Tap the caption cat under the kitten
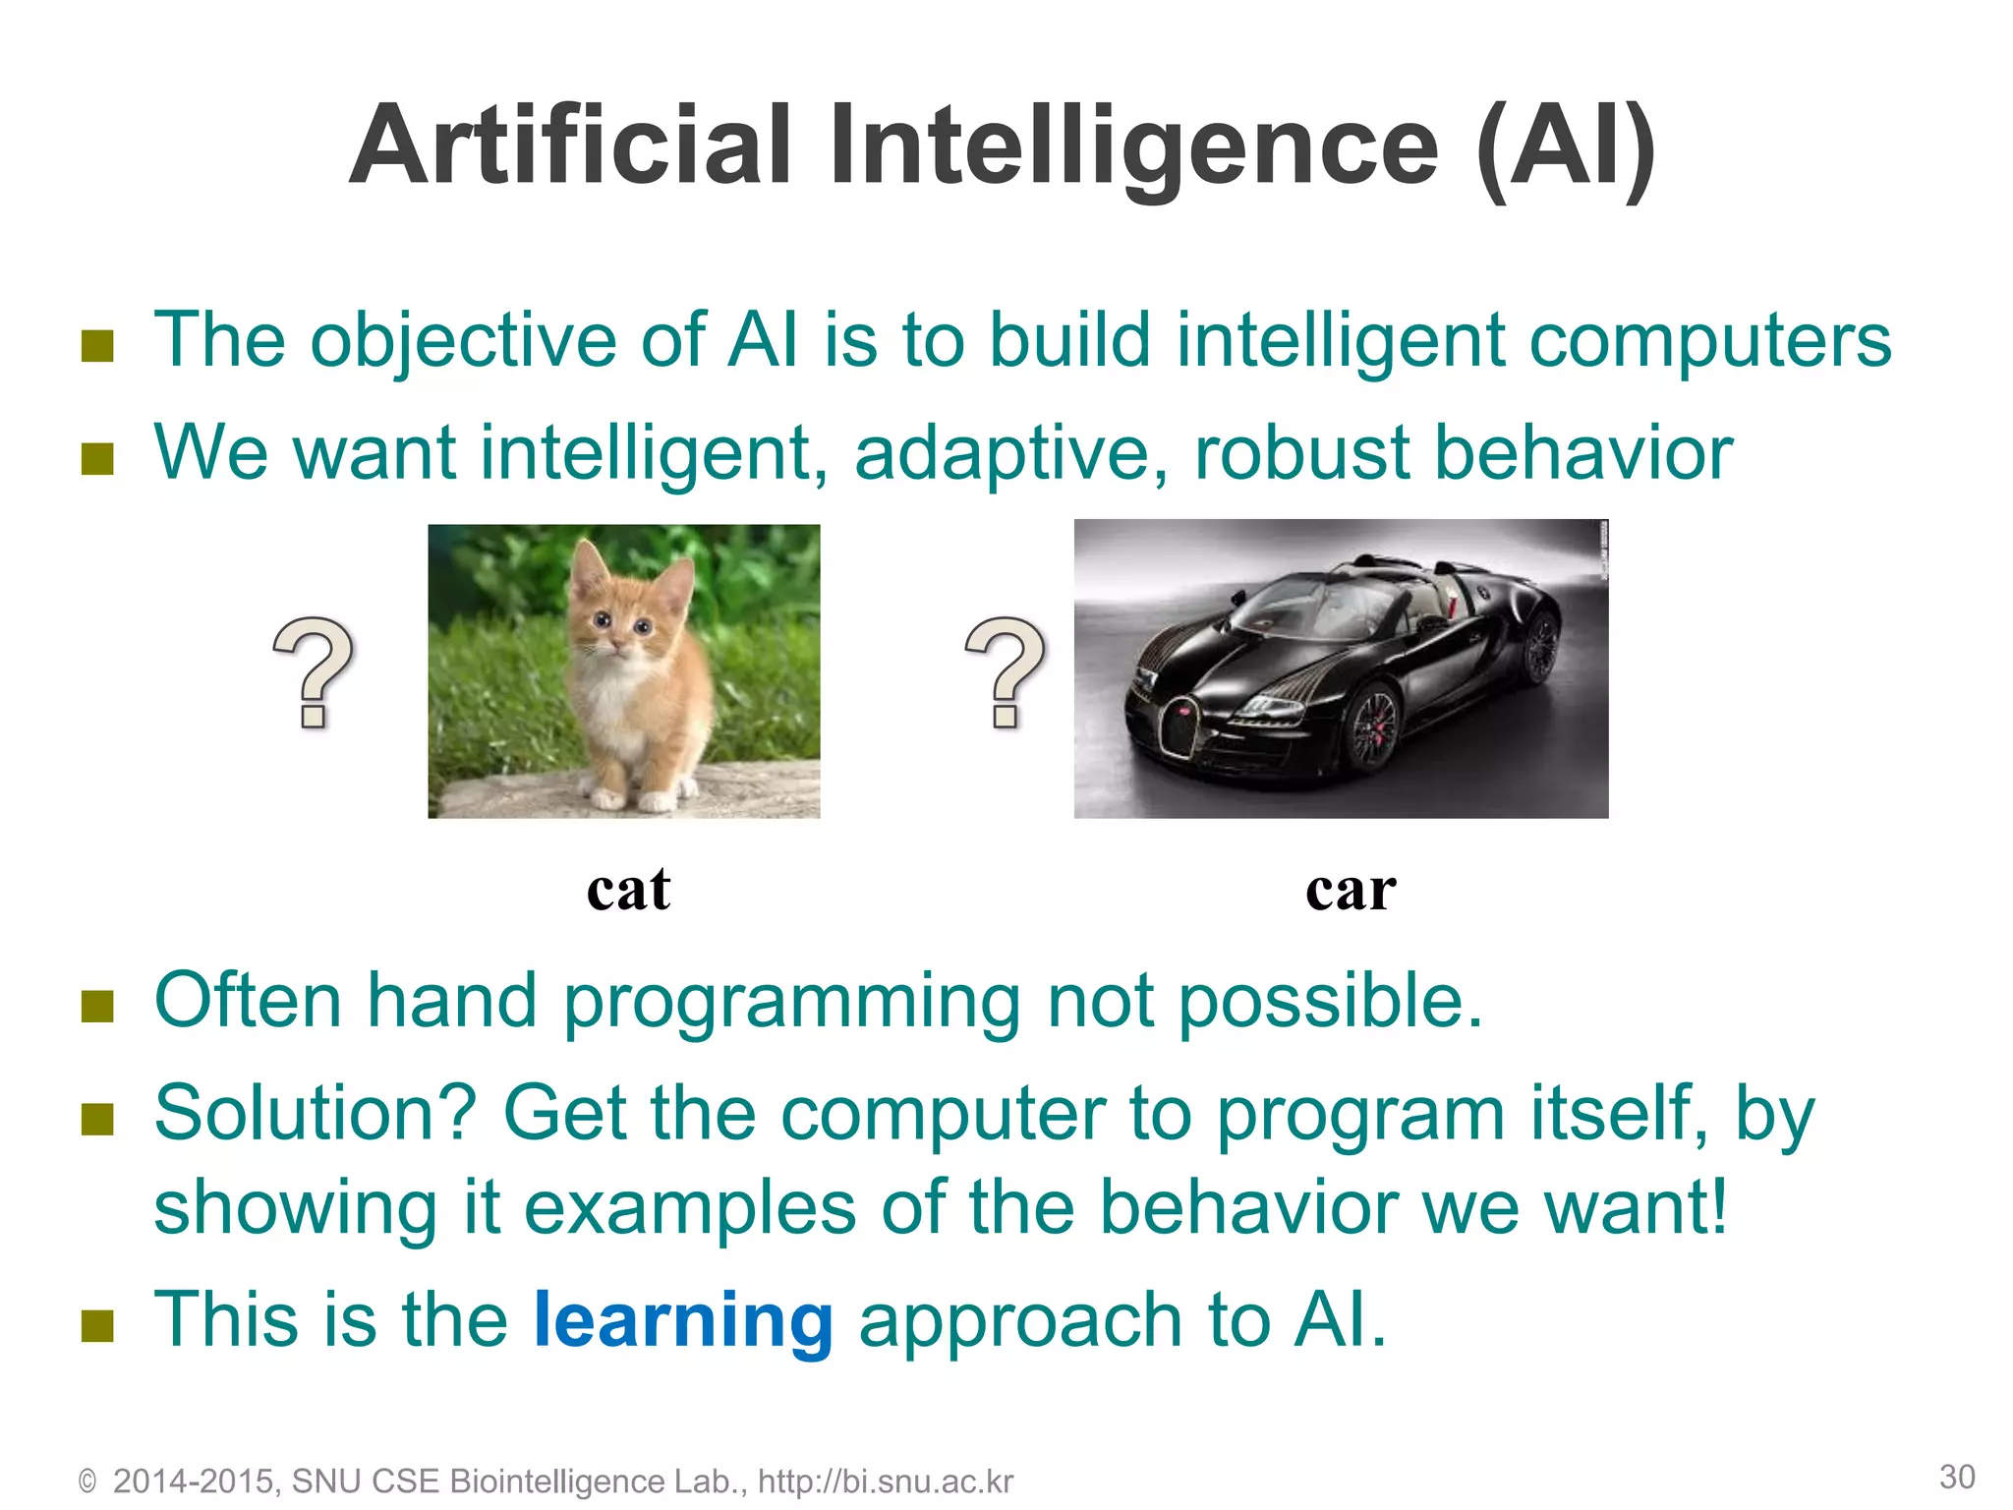click(628, 889)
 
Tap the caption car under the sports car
click(1351, 889)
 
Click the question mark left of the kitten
click(313, 673)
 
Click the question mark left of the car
click(1006, 673)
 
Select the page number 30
click(1956, 1477)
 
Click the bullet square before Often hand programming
click(97, 1005)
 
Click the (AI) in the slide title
click(1565, 147)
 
